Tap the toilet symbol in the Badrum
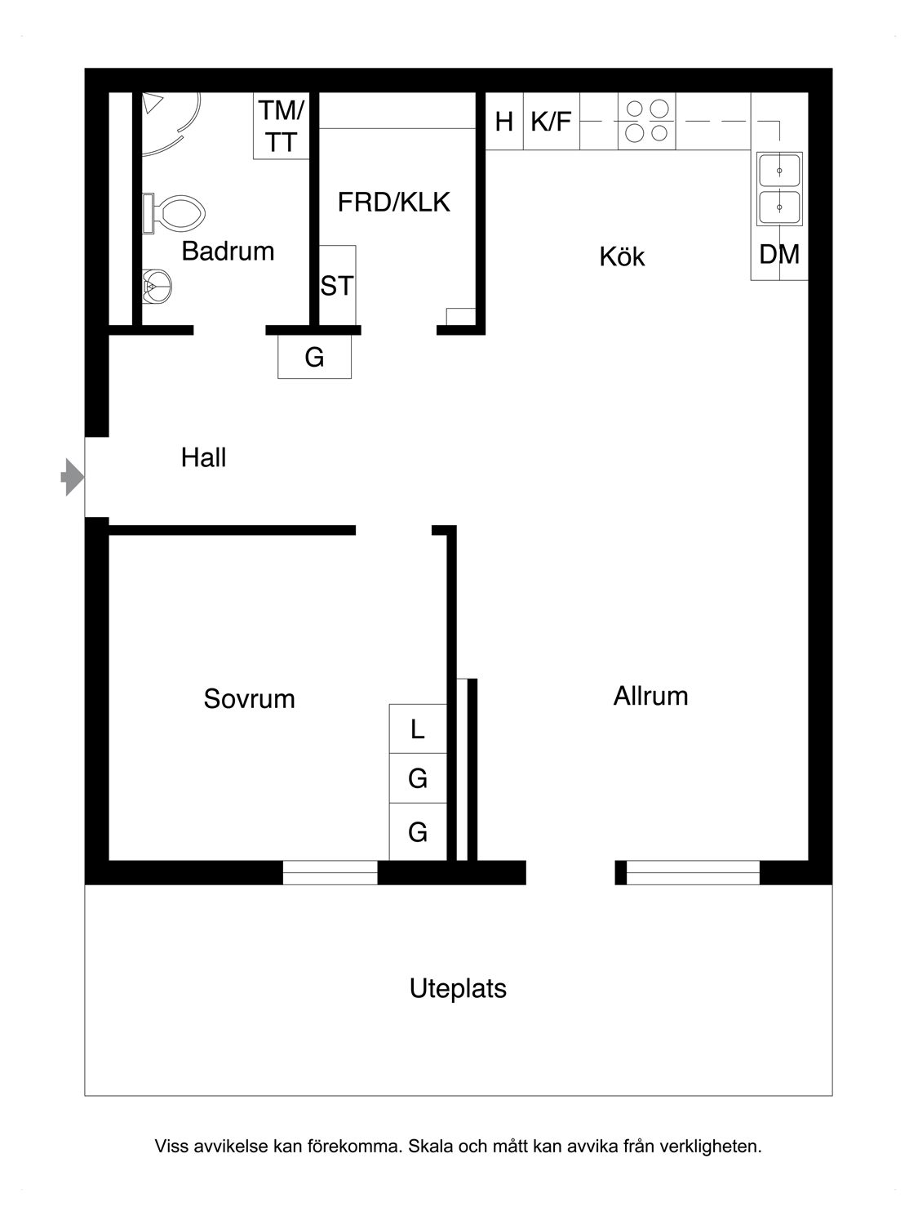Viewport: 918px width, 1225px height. [174, 214]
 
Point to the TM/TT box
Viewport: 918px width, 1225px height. [282, 126]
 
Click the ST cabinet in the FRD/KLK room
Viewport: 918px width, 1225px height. [337, 285]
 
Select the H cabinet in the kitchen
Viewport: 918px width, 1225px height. [504, 122]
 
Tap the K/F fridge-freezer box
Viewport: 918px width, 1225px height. [552, 122]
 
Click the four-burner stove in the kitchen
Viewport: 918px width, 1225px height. [647, 121]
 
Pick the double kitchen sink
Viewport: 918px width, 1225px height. [780, 189]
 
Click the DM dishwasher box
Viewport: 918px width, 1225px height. [779, 255]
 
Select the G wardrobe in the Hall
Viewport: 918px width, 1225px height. [314, 358]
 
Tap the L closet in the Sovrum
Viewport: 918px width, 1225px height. [418, 728]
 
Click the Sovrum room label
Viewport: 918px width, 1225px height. [249, 699]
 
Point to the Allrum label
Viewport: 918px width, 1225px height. [650, 696]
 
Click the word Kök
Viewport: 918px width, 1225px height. [622, 256]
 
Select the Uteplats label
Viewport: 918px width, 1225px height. [458, 988]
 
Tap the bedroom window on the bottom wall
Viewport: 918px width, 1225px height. [330, 873]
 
